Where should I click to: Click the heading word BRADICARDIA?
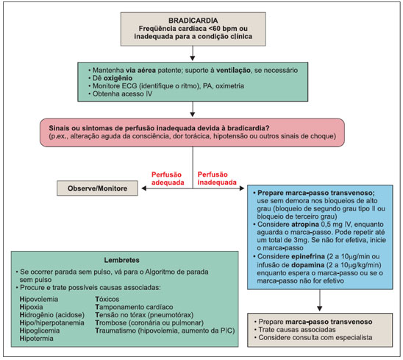(193, 21)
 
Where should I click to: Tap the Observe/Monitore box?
(97, 188)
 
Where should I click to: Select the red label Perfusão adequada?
(168, 179)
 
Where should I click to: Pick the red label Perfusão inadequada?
(217, 178)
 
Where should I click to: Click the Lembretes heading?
(122, 260)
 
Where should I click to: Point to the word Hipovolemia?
(39, 299)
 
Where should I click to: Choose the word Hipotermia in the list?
(37, 339)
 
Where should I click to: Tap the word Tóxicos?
(107, 299)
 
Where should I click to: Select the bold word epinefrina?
(308, 256)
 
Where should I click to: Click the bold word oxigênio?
(118, 78)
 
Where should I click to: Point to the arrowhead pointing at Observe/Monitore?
(144, 188)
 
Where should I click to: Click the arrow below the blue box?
(319, 300)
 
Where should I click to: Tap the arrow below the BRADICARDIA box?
(193, 53)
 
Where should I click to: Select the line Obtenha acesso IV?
(122, 93)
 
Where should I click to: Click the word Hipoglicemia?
(40, 331)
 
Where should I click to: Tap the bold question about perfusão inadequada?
(159, 128)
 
